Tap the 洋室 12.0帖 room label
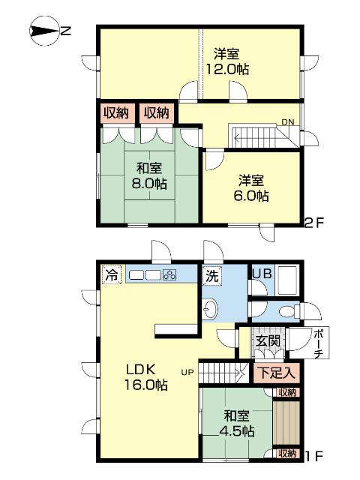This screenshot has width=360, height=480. [226, 61]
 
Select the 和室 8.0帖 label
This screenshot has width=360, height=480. [149, 176]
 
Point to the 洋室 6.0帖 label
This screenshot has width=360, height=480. [251, 188]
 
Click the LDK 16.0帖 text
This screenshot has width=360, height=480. [145, 377]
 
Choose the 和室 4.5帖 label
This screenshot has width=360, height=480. [237, 424]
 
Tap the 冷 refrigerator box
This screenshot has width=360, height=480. [112, 274]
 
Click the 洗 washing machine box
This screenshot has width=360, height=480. [212, 276]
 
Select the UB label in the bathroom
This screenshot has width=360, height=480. [262, 273]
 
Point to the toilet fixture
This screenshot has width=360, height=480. [289, 312]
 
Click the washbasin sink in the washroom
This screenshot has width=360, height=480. [210, 308]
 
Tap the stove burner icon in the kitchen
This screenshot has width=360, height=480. [170, 275]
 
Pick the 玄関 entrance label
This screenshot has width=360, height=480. [268, 340]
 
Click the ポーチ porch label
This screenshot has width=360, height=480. [319, 343]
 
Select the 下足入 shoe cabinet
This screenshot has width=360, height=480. [277, 373]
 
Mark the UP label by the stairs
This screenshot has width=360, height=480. [187, 372]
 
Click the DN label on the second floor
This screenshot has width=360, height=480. [288, 122]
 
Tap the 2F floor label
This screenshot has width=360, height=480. [313, 223]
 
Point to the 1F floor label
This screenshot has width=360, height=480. [313, 457]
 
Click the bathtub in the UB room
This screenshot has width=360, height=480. [286, 280]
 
